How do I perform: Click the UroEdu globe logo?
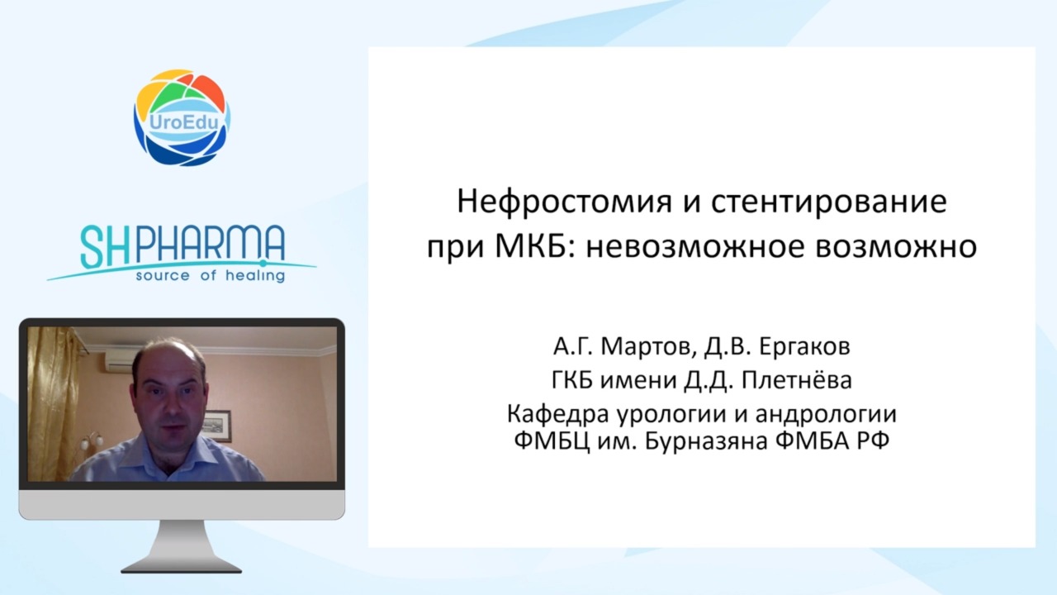(182, 117)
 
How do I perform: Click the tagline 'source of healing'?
(211, 275)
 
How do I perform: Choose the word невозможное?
(695, 246)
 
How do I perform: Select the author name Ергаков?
(805, 346)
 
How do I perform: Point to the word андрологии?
(826, 415)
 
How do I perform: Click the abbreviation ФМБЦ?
(552, 441)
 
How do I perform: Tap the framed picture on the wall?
(217, 426)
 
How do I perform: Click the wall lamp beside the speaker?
(92, 441)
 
